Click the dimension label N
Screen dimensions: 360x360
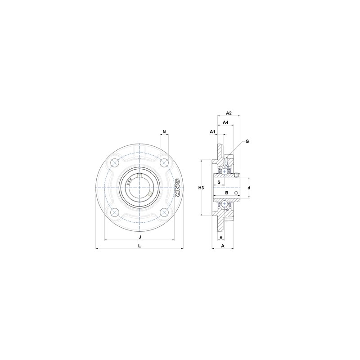[164, 132]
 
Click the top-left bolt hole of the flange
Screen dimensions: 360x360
[115, 162]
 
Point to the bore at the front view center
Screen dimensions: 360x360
[140, 187]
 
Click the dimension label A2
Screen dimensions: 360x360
[228, 113]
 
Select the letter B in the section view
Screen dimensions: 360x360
[227, 193]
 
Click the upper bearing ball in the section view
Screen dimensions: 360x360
[224, 171]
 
